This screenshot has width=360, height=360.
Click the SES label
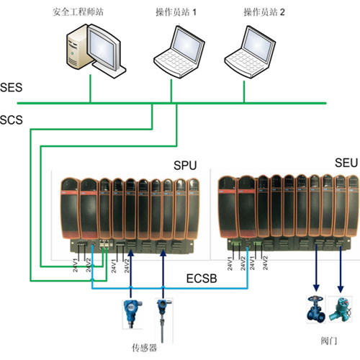click(x=11, y=87)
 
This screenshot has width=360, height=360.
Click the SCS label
click(x=12, y=120)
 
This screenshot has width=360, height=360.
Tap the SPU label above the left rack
click(x=185, y=166)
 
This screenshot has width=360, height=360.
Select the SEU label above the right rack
click(x=346, y=163)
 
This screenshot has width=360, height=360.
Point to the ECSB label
click(x=202, y=279)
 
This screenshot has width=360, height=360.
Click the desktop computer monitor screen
click(x=102, y=49)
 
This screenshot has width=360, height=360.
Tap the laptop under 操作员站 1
click(x=179, y=52)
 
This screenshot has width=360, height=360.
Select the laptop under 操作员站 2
click(x=250, y=52)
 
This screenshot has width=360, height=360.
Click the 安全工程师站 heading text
click(x=78, y=12)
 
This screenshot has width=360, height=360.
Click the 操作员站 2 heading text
click(x=264, y=12)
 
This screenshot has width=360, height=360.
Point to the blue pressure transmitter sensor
click(x=132, y=314)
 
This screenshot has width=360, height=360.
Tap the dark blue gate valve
click(x=316, y=310)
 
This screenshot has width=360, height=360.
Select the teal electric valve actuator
click(x=341, y=309)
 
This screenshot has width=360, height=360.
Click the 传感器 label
click(x=145, y=347)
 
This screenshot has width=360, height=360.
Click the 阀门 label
click(x=329, y=341)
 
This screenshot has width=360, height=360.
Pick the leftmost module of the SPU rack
click(x=70, y=208)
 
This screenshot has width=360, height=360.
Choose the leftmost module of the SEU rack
click(x=228, y=207)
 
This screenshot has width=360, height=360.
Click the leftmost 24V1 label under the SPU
click(x=76, y=265)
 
